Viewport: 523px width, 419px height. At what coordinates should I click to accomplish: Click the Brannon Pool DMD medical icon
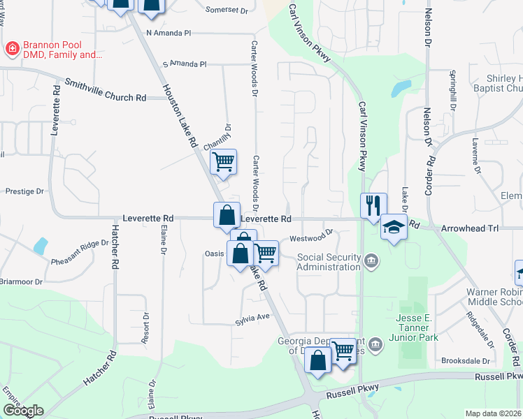[12, 49]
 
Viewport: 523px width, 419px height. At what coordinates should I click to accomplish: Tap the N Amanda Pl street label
[168, 33]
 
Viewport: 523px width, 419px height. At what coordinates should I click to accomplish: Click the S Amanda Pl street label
[184, 64]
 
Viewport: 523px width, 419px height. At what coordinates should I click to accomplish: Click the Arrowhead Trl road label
[470, 228]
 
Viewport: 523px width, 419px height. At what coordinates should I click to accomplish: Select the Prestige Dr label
[24, 191]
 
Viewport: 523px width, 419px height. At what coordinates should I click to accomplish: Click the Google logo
[22, 411]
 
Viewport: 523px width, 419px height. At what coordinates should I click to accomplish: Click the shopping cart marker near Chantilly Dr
[223, 162]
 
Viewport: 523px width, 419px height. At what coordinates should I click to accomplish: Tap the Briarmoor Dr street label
[21, 282]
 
